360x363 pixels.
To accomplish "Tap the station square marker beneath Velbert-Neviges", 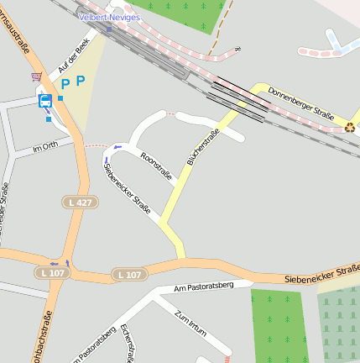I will click(109, 28).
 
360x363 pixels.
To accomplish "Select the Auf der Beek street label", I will click(72, 57).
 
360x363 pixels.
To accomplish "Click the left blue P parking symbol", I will click(65, 84).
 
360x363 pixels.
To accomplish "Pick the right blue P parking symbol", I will click(81, 81).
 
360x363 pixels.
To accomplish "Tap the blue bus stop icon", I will click(45, 101).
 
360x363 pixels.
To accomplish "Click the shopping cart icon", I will click(36, 76).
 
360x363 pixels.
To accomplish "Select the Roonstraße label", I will click(157, 166).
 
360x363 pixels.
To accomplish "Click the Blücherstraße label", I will click(202, 146).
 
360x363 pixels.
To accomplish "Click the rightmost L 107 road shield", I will click(129, 274).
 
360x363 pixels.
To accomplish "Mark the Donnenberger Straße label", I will click(301, 105).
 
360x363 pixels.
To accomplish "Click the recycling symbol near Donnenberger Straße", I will click(349, 128).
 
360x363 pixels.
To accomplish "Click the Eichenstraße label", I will click(128, 343).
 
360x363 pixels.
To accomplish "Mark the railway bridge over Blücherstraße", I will click(239, 97).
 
